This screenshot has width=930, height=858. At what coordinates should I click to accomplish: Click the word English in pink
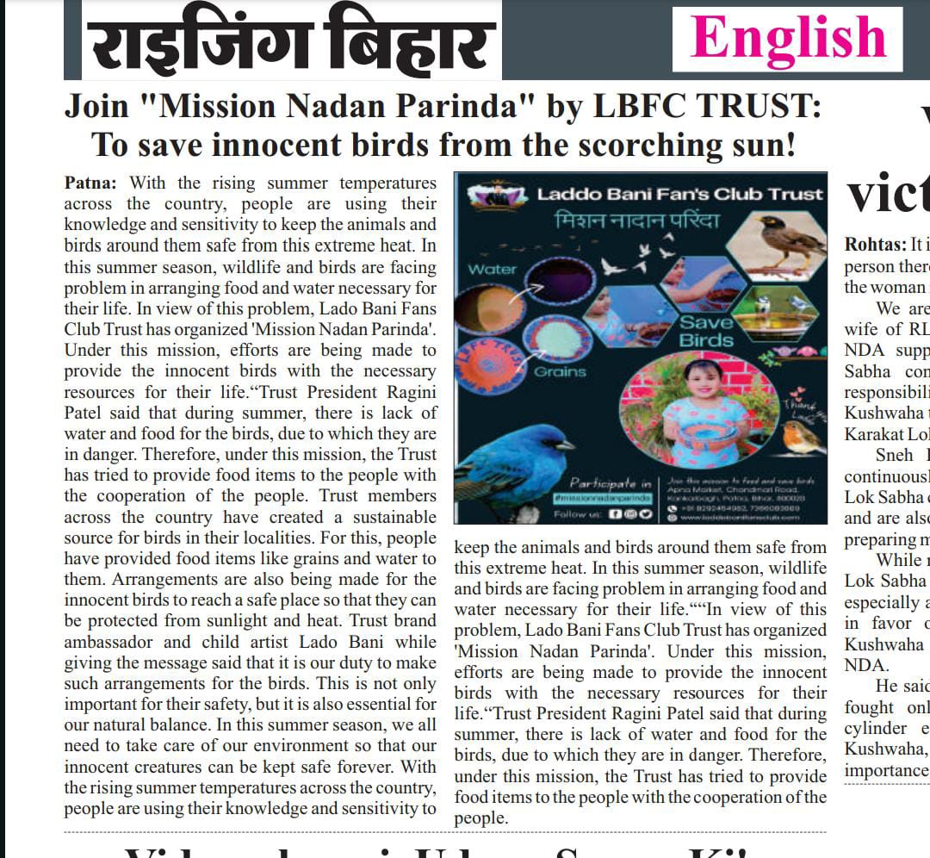[x=787, y=38]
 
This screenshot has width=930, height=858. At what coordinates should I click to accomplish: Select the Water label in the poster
[x=492, y=270]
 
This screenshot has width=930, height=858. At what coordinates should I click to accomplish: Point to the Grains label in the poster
[x=559, y=372]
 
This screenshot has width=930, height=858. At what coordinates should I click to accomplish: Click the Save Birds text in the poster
[x=706, y=333]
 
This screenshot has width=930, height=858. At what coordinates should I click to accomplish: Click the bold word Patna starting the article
[x=94, y=183]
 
